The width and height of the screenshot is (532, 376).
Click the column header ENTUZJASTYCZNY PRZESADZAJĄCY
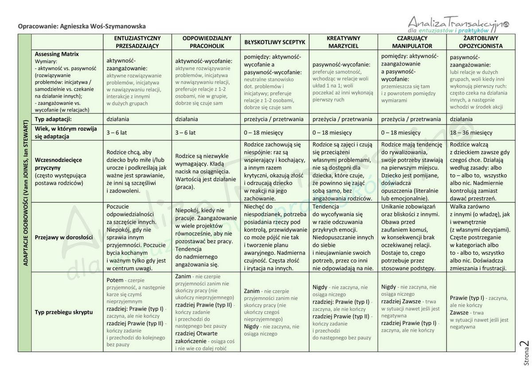click(137, 42)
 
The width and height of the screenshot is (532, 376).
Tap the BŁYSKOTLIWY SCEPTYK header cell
click(275, 42)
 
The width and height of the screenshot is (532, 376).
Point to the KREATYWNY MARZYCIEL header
click(344, 42)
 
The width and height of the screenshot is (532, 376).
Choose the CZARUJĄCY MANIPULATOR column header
click(412, 42)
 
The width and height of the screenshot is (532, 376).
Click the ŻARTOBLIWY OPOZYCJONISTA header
click(481, 42)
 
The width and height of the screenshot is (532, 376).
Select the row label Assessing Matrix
click(57, 54)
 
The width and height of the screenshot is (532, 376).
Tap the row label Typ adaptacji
click(53, 119)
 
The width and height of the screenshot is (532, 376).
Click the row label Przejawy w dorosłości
click(64, 237)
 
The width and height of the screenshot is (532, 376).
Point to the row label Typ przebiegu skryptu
click(64, 312)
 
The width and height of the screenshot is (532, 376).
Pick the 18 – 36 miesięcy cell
click(471, 133)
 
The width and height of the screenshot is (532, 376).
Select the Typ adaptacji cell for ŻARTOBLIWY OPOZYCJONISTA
click(461, 119)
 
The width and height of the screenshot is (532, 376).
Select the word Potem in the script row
click(115, 280)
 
